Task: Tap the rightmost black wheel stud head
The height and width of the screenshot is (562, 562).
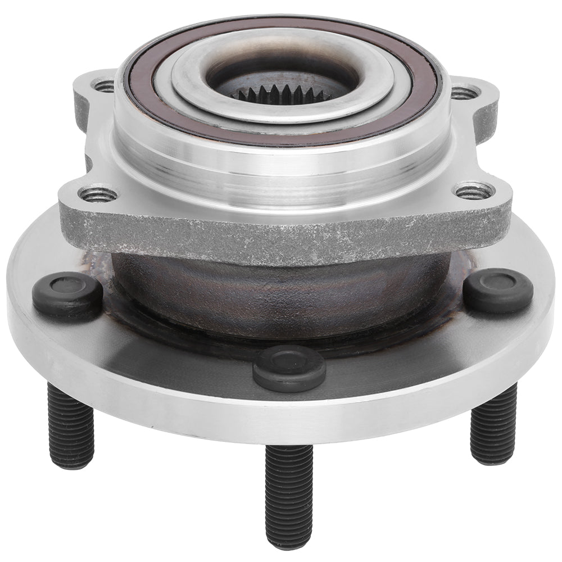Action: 498,290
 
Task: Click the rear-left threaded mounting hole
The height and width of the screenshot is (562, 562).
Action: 103,86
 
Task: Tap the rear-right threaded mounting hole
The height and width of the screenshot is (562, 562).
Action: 465,91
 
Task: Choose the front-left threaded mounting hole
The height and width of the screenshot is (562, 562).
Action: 98,194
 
